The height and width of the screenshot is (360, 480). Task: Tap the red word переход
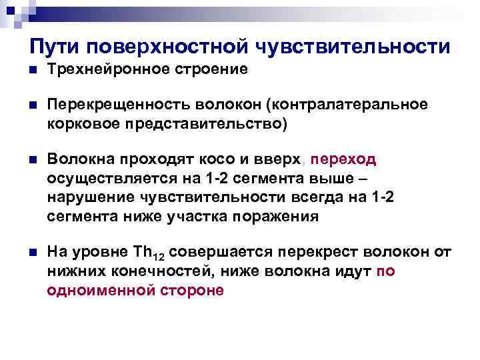tap(343, 160)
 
